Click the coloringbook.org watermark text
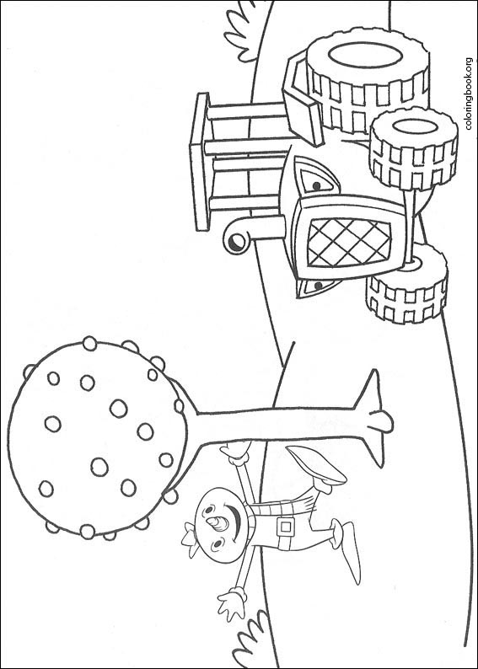[x=469, y=94]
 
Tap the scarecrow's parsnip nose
[x=220, y=523]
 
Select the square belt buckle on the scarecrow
[x=285, y=527]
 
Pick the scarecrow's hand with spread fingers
[x=231, y=603]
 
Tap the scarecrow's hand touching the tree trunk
[x=234, y=452]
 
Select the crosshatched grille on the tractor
[x=349, y=242]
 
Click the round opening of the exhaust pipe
[x=236, y=243]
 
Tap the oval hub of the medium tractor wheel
[x=415, y=126]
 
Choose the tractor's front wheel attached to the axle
[x=406, y=283]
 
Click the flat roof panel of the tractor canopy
[x=200, y=162]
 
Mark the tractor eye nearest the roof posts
[x=317, y=179]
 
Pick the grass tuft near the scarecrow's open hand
[x=251, y=640]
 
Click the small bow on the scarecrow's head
[x=190, y=539]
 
